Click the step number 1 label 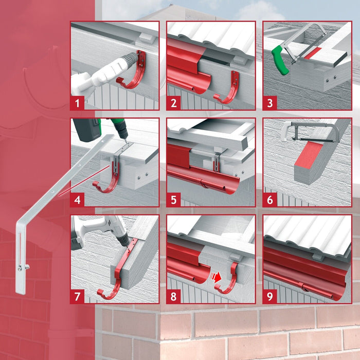tap(77, 103)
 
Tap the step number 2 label tap(174, 103)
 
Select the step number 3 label tap(270, 103)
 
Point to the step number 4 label tap(77, 200)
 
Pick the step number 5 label tap(174, 200)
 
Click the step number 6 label tap(270, 200)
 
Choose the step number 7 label tap(77, 297)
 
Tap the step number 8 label tap(174, 297)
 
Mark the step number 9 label tap(270, 297)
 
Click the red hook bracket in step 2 tap(229, 90)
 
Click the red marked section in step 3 tap(313, 52)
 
